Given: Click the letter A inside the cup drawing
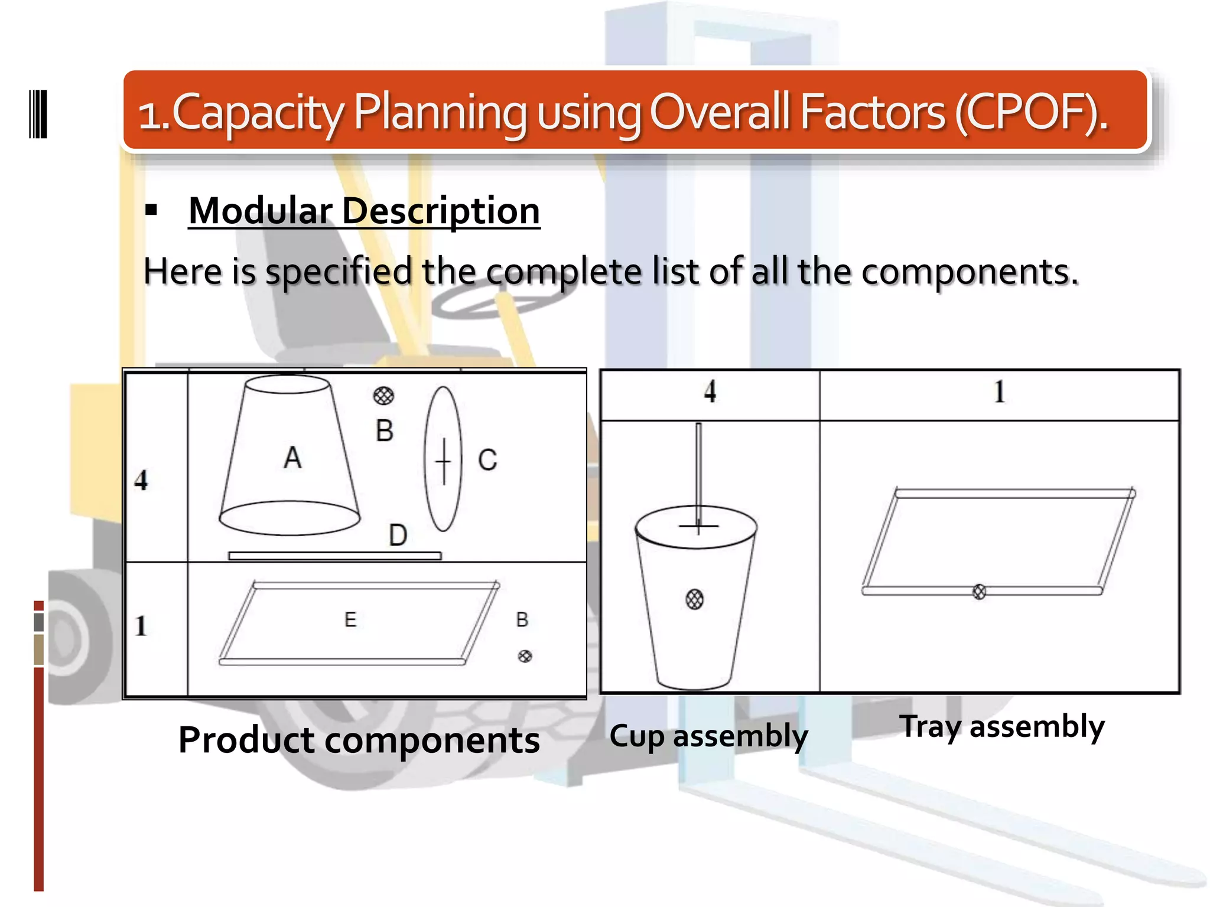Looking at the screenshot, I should (292, 458).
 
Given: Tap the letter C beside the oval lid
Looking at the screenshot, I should (487, 460).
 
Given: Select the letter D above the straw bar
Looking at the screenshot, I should (398, 535).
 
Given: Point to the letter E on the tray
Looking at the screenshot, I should (350, 619).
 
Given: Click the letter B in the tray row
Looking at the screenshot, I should (522, 619).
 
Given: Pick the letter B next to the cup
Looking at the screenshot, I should (385, 431).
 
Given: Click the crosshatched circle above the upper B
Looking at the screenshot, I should (383, 396).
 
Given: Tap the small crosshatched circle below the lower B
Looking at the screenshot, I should (525, 656).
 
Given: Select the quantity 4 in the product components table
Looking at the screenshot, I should (141, 480).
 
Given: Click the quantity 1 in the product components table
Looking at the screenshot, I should (141, 626).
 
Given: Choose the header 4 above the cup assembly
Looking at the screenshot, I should (710, 391).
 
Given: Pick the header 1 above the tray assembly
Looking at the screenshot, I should (999, 391).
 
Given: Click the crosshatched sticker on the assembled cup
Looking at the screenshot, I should (695, 599).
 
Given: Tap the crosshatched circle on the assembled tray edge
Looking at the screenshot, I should (979, 591).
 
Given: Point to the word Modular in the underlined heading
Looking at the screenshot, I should (261, 211).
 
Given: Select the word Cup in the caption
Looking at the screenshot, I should (637, 736).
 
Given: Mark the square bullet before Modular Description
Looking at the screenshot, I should (151, 210).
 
